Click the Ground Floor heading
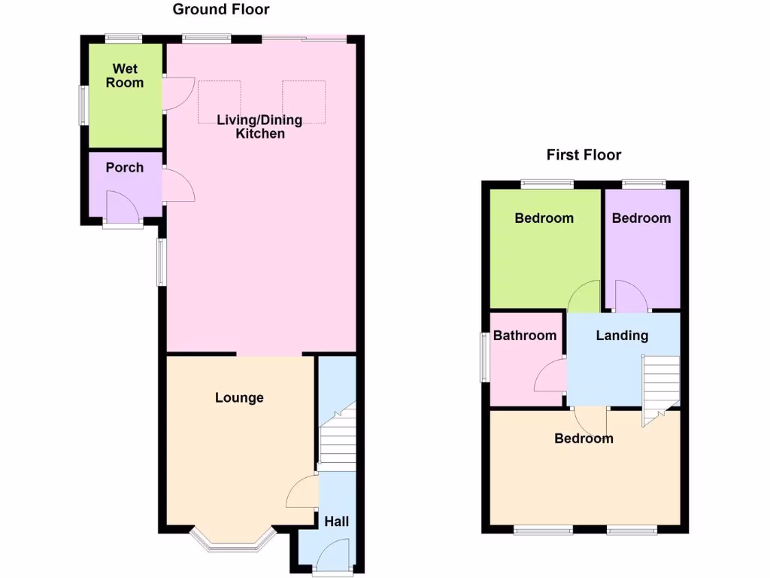(x=220, y=10)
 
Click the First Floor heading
(x=584, y=155)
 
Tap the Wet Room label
(x=124, y=75)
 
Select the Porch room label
(x=124, y=167)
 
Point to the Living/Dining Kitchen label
(x=260, y=126)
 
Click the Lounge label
(x=239, y=397)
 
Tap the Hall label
(x=336, y=521)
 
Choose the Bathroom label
(x=525, y=336)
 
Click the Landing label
(x=622, y=336)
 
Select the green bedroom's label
(x=544, y=218)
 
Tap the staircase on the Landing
(x=660, y=384)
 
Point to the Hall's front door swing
(x=332, y=558)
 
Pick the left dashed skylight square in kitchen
(x=219, y=102)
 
